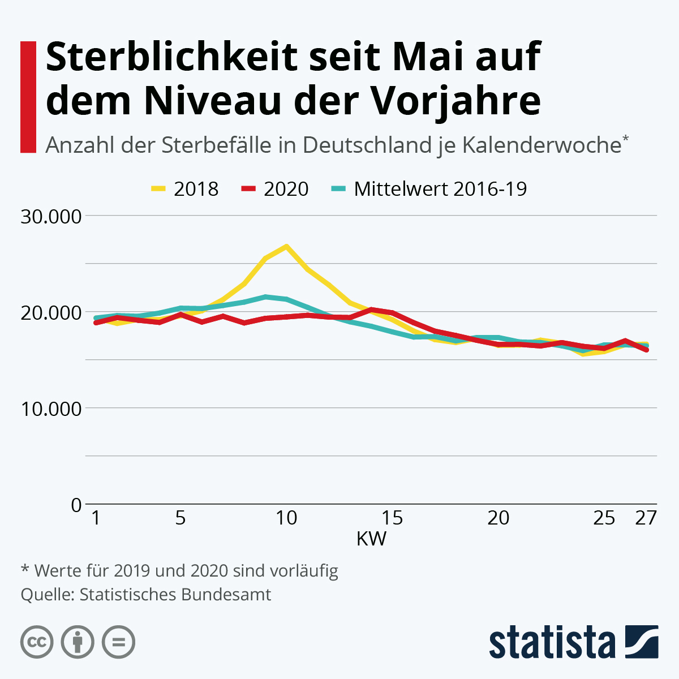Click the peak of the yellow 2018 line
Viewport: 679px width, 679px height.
(x=286, y=246)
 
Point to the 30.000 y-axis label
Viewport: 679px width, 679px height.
(x=51, y=216)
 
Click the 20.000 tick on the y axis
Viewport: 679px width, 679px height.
(x=51, y=312)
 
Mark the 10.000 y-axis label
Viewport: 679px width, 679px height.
(x=51, y=409)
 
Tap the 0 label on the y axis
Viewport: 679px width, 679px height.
(x=76, y=505)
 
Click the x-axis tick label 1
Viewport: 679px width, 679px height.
(x=96, y=518)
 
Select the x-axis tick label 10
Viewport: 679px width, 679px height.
(x=286, y=518)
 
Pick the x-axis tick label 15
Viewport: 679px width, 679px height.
(x=392, y=518)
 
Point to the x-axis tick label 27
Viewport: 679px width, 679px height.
(x=646, y=518)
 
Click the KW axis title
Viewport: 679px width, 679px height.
(x=371, y=539)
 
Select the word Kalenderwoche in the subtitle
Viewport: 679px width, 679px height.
(x=542, y=145)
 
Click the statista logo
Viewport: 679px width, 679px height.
(x=573, y=642)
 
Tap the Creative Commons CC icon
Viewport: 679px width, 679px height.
(x=37, y=642)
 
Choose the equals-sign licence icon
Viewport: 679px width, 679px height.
(x=118, y=642)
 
